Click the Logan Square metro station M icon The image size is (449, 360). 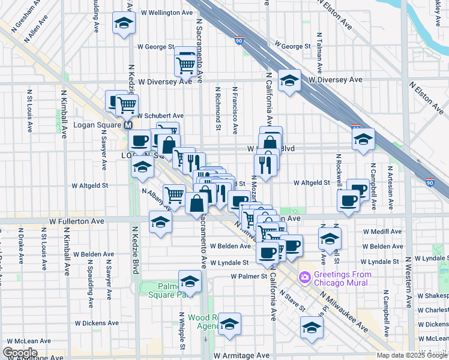127,126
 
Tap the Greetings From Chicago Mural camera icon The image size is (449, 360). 305,277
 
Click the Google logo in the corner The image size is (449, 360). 20,352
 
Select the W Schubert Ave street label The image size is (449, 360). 160,116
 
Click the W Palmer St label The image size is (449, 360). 249,277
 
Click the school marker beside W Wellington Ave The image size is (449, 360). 124,23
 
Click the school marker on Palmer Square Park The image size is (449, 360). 190,281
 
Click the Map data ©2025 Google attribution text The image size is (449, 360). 412,355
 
